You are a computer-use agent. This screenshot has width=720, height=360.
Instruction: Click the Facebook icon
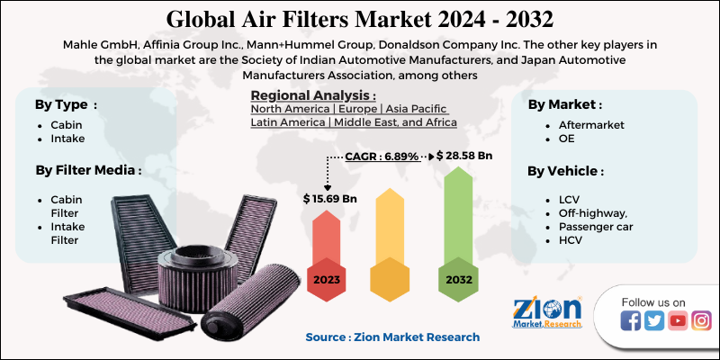(x=631, y=320)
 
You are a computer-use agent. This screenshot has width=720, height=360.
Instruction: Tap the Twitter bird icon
(x=654, y=320)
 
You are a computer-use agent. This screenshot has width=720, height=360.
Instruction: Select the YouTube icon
(x=678, y=320)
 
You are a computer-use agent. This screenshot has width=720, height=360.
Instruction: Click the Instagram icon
(x=701, y=320)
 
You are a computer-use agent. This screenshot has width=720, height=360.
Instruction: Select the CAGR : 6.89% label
(x=382, y=157)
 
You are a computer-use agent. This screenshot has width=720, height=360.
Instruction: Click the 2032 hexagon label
(x=457, y=280)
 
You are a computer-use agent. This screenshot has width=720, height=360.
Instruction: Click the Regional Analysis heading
(x=313, y=96)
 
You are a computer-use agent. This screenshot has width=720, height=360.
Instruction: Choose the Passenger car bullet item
(x=595, y=227)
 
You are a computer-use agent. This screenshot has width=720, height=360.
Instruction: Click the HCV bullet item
(x=571, y=242)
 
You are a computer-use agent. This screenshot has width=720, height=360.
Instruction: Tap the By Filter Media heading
(x=87, y=168)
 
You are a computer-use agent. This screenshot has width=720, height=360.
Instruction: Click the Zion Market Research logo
(x=546, y=316)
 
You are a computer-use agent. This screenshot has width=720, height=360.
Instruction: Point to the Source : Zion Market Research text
(x=392, y=337)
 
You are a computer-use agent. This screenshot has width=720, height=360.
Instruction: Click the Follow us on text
(x=654, y=301)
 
